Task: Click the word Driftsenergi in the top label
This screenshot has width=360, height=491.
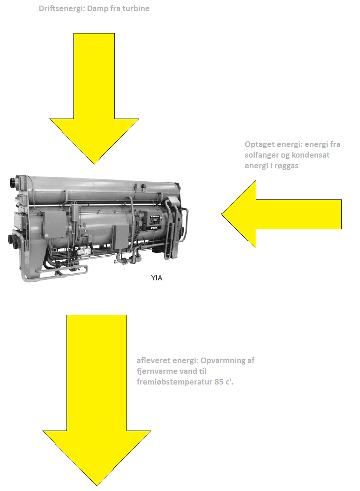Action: pos(61,8)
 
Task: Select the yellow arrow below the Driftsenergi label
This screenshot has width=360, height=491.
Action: pos(94,98)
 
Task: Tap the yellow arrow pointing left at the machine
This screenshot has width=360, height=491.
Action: pos(281,214)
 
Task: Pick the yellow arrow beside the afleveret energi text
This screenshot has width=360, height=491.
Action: pos(96,400)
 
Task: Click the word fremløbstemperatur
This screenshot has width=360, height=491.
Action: pos(174,382)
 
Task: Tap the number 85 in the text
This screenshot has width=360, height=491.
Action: pos(219,382)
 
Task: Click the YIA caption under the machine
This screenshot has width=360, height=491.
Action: pos(157,278)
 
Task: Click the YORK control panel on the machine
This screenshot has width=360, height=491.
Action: pos(155,221)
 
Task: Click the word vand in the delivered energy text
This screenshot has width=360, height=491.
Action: pos(188,372)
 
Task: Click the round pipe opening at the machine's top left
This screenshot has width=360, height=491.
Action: pos(13,182)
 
